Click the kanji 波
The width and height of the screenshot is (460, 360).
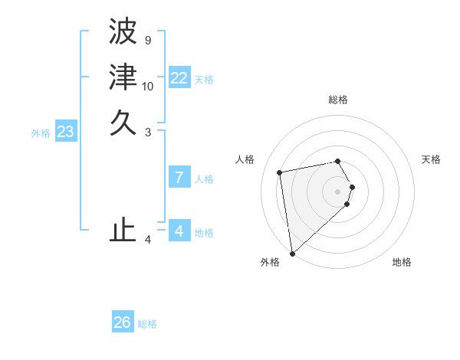(x=123, y=32)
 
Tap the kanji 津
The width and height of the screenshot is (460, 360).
(x=123, y=77)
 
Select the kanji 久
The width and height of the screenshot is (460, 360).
(x=123, y=123)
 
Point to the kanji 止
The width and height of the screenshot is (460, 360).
(x=123, y=230)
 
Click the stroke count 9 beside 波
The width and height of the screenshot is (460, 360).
(x=147, y=40)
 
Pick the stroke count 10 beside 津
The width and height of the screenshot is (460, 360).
(x=148, y=86)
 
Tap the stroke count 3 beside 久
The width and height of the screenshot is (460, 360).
(x=147, y=132)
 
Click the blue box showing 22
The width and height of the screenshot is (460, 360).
(x=179, y=78)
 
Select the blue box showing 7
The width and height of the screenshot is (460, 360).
(x=179, y=178)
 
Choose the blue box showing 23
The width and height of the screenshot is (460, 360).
(x=65, y=132)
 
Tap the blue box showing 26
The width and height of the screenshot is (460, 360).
(x=123, y=322)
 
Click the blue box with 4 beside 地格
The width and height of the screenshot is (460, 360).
(x=179, y=231)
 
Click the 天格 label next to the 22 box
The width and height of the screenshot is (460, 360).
(x=204, y=79)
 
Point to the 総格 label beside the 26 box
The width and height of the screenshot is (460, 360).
(x=147, y=324)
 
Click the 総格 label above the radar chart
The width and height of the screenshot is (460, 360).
(x=338, y=100)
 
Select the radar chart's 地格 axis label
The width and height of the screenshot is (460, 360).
(x=402, y=262)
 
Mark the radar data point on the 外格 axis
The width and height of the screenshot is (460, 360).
(x=292, y=254)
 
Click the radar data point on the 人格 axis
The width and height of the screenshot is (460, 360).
(x=281, y=172)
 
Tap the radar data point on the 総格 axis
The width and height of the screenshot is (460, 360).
(x=338, y=161)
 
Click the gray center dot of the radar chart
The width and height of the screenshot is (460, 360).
(x=338, y=191)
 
